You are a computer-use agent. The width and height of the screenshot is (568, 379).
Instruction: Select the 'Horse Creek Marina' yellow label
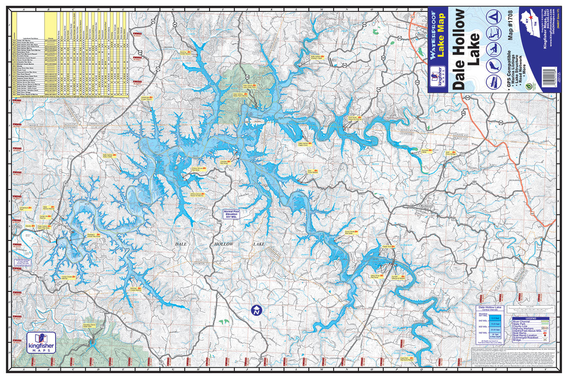tap(68, 278)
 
